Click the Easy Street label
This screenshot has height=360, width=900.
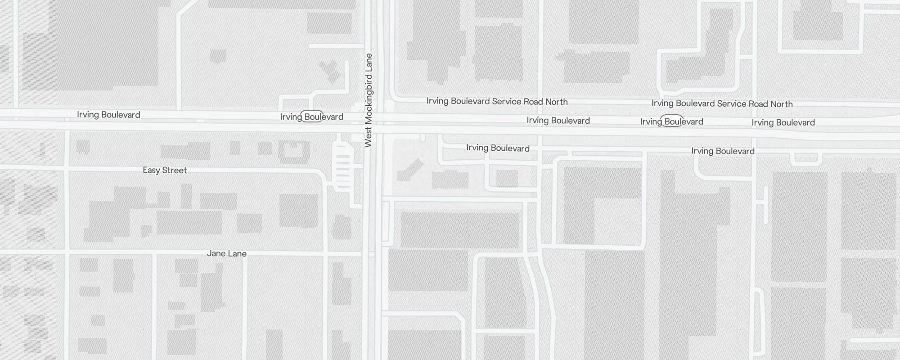[x=165, y=170]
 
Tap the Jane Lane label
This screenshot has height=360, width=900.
[x=227, y=253]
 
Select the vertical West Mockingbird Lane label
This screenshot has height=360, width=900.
[x=369, y=100]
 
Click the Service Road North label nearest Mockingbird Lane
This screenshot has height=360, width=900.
[x=497, y=102]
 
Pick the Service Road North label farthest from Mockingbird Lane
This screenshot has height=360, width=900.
[x=722, y=104]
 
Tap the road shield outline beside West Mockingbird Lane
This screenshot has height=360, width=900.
[x=312, y=116]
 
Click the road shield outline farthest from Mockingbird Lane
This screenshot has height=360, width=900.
[x=671, y=121]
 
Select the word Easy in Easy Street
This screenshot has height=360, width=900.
[x=151, y=170]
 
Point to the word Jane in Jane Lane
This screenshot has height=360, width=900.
[x=216, y=253]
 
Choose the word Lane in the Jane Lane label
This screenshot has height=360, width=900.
[x=237, y=253]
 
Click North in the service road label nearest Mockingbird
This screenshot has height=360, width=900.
[x=556, y=102]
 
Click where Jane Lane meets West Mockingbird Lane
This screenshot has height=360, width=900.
[x=372, y=255]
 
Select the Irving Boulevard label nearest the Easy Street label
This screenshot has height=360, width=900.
[x=108, y=115]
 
